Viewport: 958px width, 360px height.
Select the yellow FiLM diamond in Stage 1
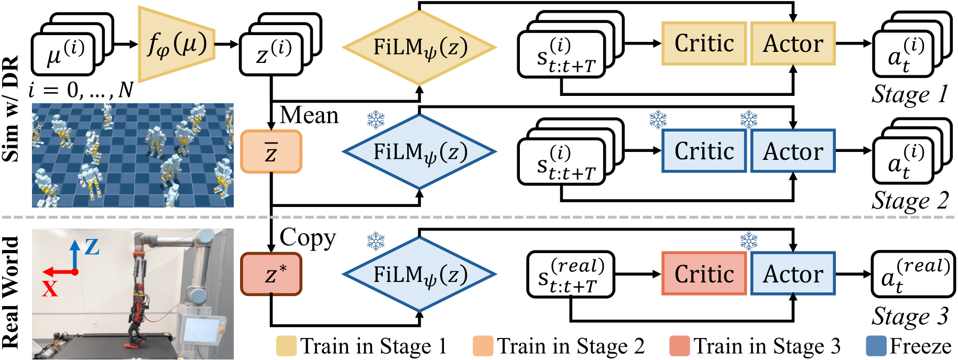click(419, 47)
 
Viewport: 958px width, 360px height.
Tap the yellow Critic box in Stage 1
click(704, 43)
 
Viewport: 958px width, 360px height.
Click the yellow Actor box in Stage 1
click(792, 43)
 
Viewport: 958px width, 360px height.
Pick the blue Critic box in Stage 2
click(704, 151)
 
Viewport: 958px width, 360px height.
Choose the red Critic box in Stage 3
click(704, 274)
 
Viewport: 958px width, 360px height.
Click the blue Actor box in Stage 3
click(792, 274)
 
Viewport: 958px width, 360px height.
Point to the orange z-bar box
click(271, 152)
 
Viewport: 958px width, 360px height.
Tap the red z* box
click(271, 274)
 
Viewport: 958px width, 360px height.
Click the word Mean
click(309, 115)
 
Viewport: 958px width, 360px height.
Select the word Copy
click(308, 238)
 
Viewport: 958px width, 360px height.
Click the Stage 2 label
click(910, 200)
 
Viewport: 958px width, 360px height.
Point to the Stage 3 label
click(910, 317)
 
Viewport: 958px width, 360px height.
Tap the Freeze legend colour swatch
click(876, 346)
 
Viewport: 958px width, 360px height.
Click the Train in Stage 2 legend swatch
click(483, 346)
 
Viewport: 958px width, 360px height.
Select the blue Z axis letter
click(92, 246)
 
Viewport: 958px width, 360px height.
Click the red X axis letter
click(50, 289)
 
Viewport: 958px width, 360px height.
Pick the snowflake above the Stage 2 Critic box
click(658, 119)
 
